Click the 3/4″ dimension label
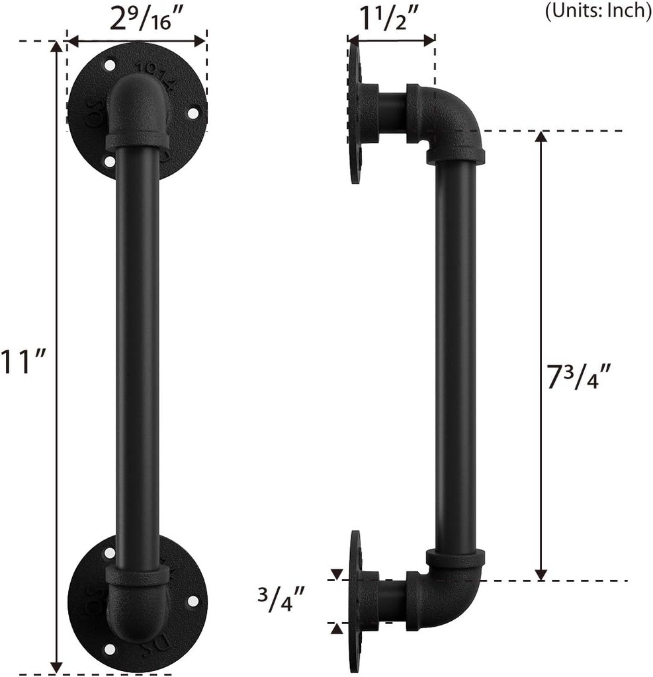[283, 601]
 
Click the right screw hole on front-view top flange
[193, 113]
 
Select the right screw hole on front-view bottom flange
[193, 601]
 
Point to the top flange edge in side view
[355, 112]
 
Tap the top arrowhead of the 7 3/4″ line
[541, 137]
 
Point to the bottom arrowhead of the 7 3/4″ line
[541, 574]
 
